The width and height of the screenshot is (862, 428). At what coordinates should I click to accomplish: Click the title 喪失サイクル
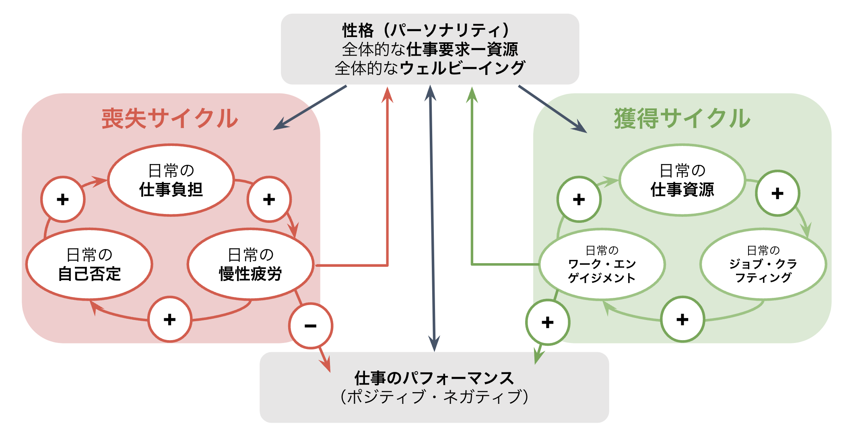(x=170, y=118)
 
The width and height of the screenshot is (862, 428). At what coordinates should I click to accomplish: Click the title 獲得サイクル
(x=682, y=118)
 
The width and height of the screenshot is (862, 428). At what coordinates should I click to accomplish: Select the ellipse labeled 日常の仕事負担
(x=171, y=180)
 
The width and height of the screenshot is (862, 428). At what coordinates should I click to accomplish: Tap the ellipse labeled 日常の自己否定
(x=89, y=264)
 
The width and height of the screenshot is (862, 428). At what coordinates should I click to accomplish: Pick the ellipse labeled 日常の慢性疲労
(x=250, y=264)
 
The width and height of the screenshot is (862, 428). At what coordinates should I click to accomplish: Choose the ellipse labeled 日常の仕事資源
(x=683, y=180)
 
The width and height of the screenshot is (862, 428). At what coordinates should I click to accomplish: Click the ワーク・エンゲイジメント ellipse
(x=602, y=264)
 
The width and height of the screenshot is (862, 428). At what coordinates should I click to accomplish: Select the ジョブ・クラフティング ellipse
(x=763, y=264)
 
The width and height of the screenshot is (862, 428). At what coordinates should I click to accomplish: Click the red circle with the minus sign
(x=311, y=326)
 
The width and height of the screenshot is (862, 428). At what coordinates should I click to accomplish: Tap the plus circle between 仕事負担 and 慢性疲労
(x=269, y=199)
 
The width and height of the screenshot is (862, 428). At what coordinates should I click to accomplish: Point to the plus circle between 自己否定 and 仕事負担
(x=63, y=199)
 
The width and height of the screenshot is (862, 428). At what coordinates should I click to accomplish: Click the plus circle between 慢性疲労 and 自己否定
(x=170, y=320)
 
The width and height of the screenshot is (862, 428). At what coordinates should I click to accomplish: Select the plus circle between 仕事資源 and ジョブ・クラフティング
(x=777, y=193)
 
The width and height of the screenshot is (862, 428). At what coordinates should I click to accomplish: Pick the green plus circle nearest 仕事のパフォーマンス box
(x=548, y=322)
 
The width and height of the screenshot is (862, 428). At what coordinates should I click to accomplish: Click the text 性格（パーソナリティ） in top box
(x=427, y=30)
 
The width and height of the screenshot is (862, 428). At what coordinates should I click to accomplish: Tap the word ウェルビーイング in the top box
(x=463, y=68)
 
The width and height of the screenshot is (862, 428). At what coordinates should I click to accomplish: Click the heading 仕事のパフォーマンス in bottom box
(x=434, y=378)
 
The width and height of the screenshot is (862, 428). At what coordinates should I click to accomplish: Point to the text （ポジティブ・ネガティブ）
(x=434, y=397)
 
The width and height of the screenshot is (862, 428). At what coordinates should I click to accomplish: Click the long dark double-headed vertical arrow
(x=432, y=218)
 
